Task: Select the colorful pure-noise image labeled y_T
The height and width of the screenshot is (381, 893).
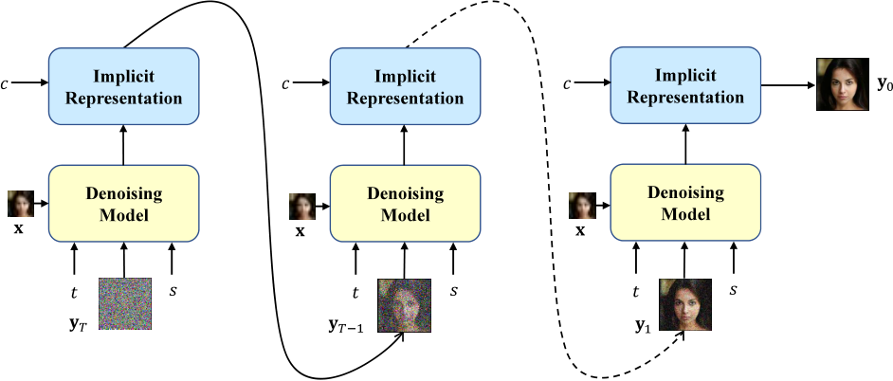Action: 124,304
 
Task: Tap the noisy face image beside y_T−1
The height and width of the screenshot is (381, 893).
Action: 405,304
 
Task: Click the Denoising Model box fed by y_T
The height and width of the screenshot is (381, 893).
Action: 123,203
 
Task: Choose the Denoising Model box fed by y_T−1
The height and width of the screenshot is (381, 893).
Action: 404,203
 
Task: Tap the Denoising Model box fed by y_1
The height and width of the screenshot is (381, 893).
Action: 684,203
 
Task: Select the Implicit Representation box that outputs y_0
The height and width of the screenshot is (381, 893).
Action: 684,85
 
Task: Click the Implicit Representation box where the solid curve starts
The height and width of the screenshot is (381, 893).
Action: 123,85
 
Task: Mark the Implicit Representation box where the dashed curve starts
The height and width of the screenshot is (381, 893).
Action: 404,85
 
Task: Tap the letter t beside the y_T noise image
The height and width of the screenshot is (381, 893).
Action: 75,293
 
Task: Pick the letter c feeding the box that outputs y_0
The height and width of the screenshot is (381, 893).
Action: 567,85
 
